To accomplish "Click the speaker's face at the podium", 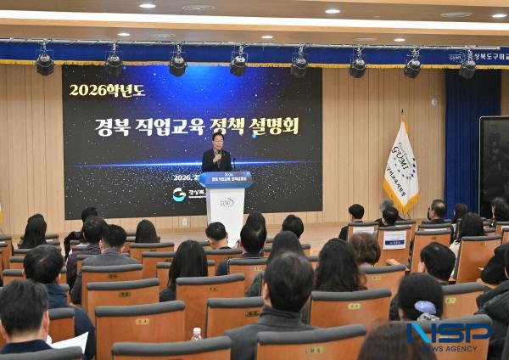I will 218,140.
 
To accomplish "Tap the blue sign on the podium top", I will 225,179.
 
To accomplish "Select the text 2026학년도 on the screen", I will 107,89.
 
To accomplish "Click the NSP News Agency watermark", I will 449,335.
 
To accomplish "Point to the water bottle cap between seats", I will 197,331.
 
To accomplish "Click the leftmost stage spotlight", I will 44,64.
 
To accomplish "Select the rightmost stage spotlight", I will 467,65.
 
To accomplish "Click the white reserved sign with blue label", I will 394,239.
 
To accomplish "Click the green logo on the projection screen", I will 179,194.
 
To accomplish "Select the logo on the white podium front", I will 227,203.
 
